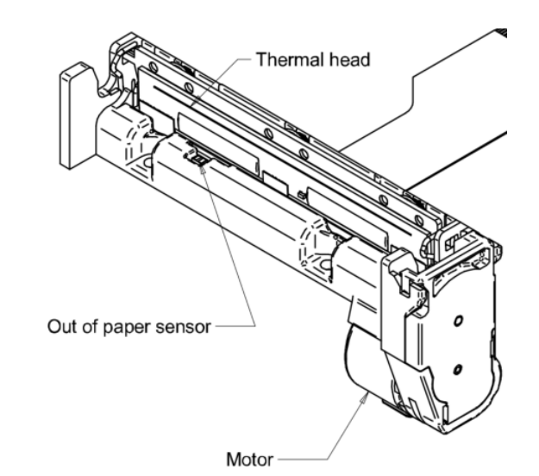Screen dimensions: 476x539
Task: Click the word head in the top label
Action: click(x=329, y=60)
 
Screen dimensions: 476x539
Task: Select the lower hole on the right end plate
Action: click(x=457, y=369)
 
